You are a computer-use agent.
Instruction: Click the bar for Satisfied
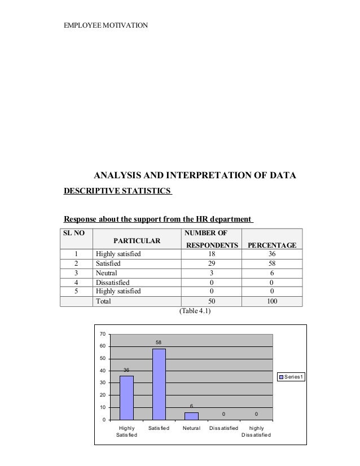point(159,384)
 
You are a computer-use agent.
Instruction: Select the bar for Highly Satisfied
point(126,397)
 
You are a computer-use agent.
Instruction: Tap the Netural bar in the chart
point(191,416)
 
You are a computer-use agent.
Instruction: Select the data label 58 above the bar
point(159,343)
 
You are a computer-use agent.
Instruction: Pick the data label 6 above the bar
point(191,406)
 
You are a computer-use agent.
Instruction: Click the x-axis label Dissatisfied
point(224,429)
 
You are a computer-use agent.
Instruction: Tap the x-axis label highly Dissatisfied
point(256,432)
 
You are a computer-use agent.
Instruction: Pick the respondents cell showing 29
point(212,263)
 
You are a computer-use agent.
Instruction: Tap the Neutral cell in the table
point(107,273)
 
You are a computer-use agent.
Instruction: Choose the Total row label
point(103,301)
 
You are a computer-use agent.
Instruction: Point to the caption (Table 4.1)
point(195,311)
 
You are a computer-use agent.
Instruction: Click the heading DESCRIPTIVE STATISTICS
point(117,191)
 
